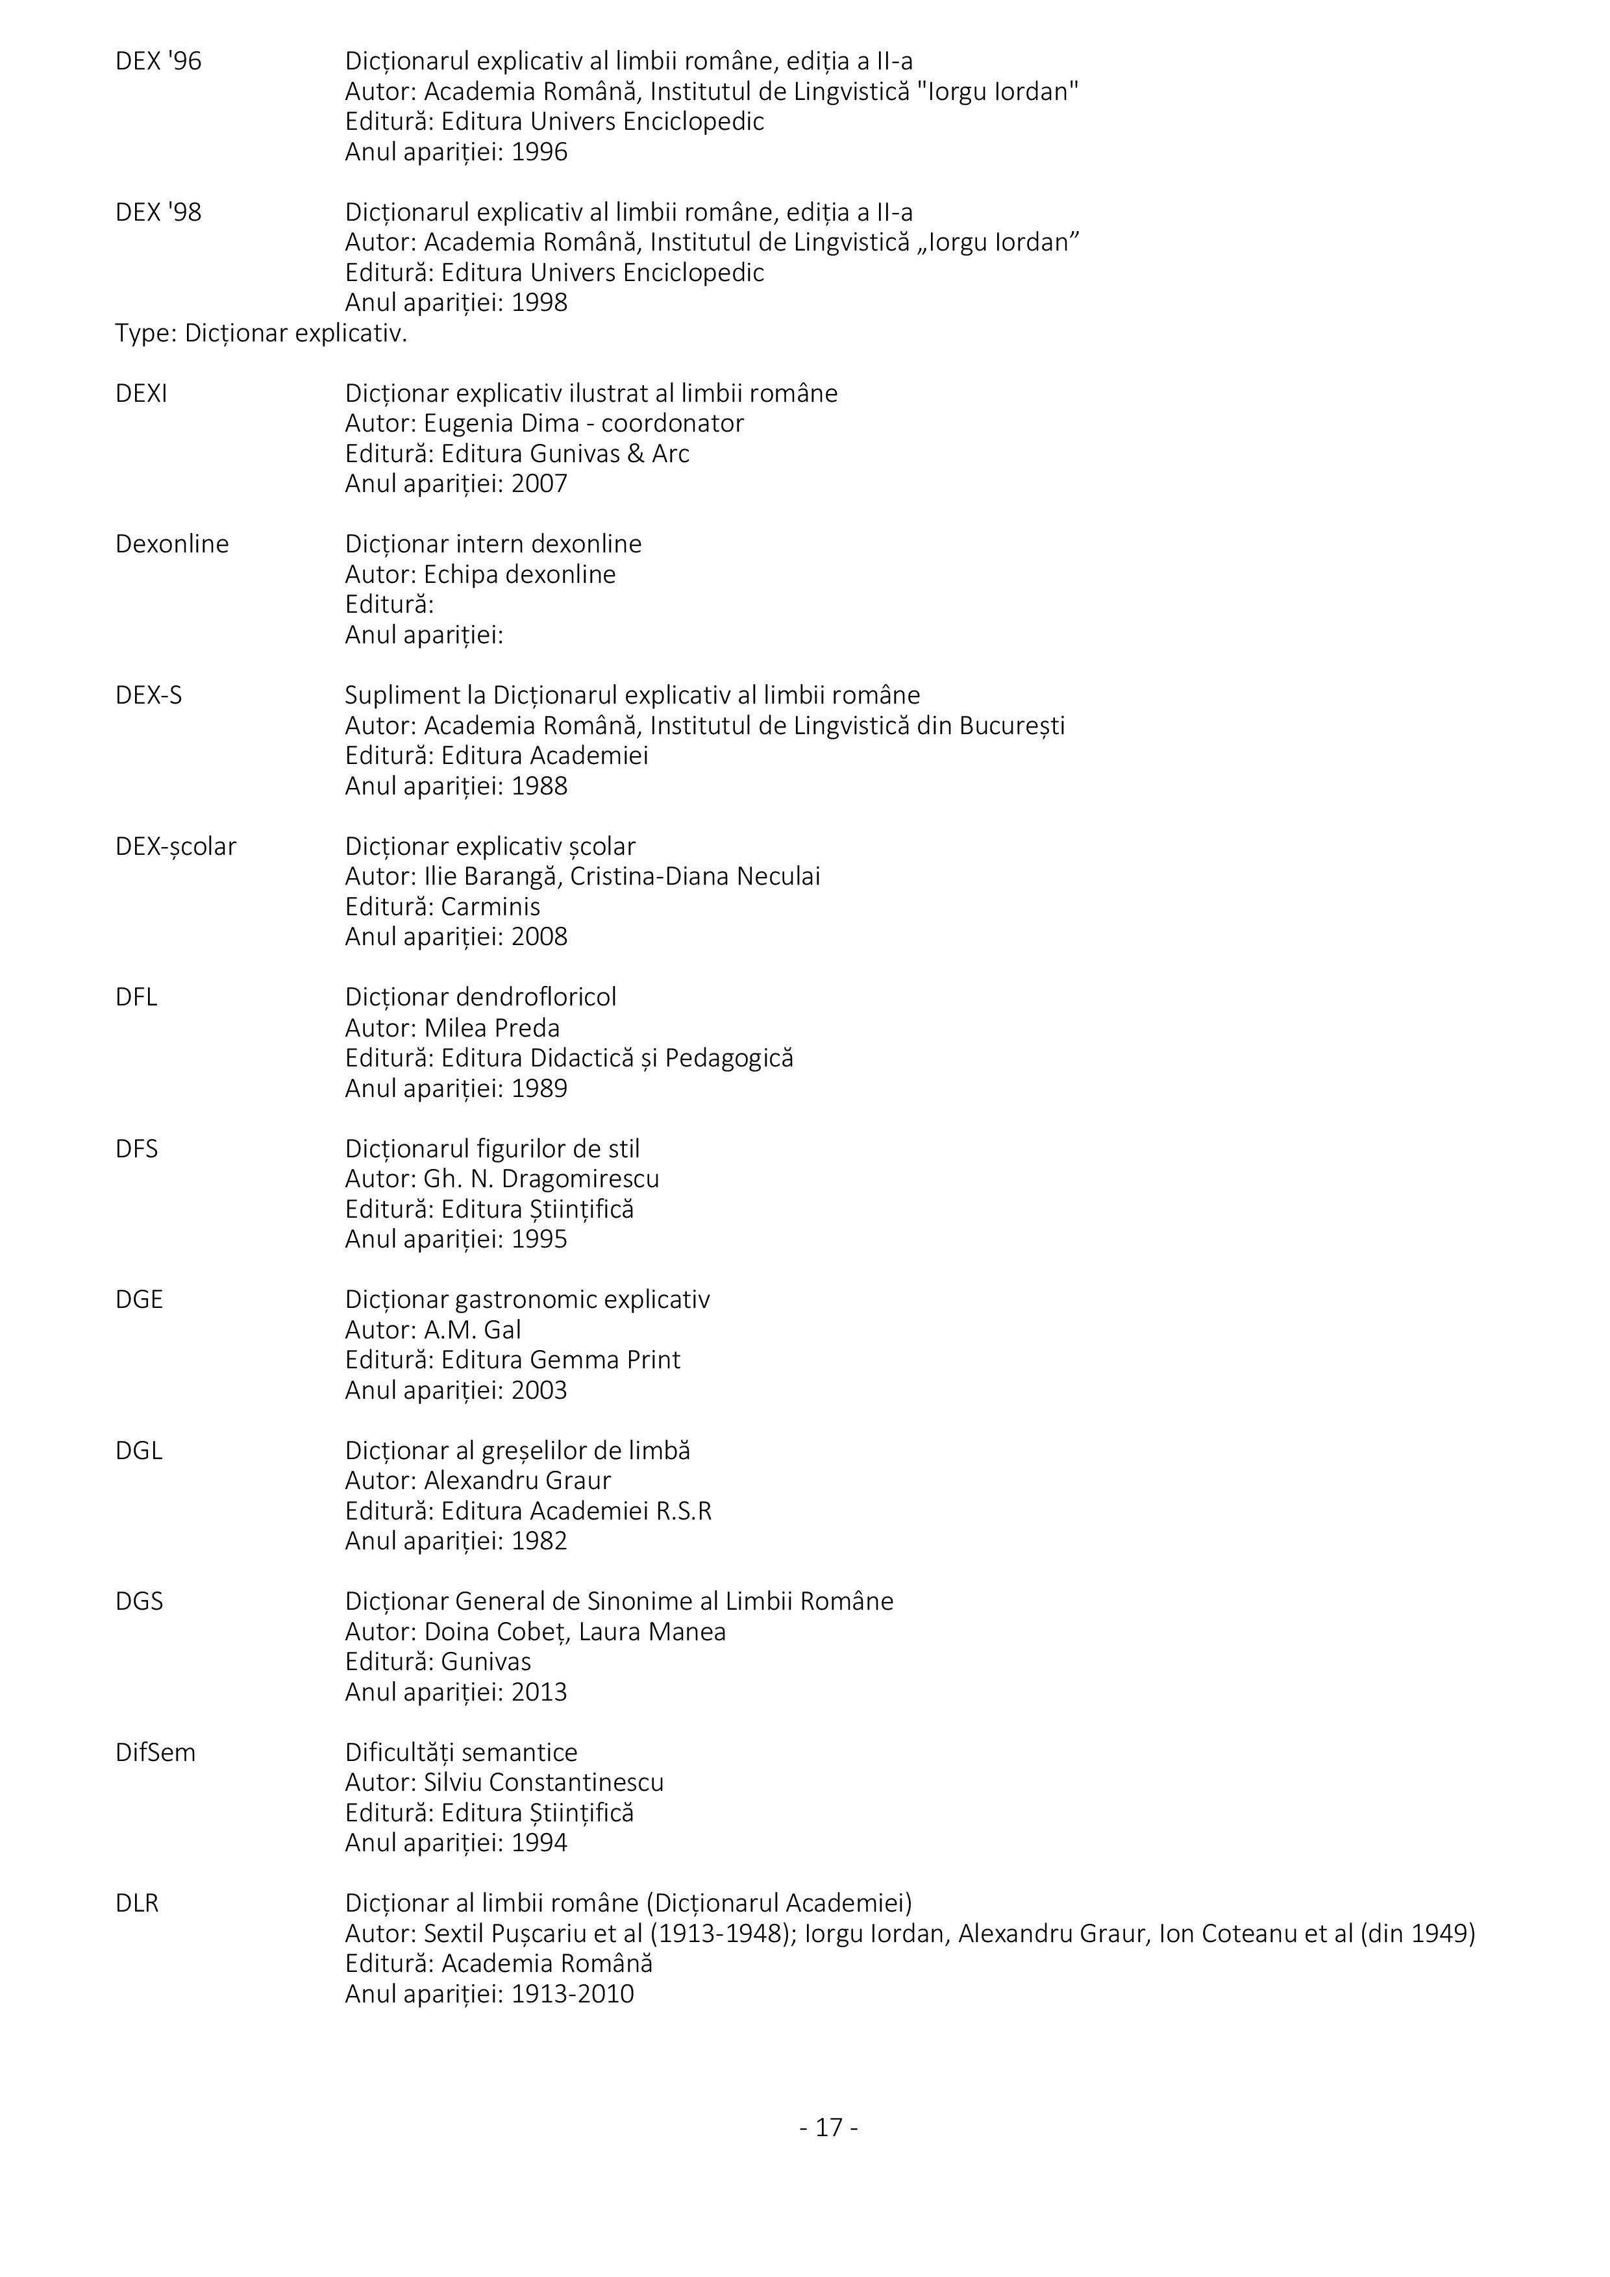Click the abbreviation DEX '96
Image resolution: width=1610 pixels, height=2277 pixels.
pos(158,62)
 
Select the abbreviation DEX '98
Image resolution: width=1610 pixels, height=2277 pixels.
pos(158,212)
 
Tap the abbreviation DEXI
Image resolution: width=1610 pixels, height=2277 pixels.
pos(141,394)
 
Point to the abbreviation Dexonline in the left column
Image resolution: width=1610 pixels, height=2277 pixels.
pos(171,545)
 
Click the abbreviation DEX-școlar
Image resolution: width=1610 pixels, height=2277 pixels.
pos(175,847)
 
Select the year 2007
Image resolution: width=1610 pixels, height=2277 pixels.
pos(539,484)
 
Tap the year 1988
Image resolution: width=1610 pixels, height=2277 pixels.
pos(539,787)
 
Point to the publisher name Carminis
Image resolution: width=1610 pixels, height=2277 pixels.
pos(490,907)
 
